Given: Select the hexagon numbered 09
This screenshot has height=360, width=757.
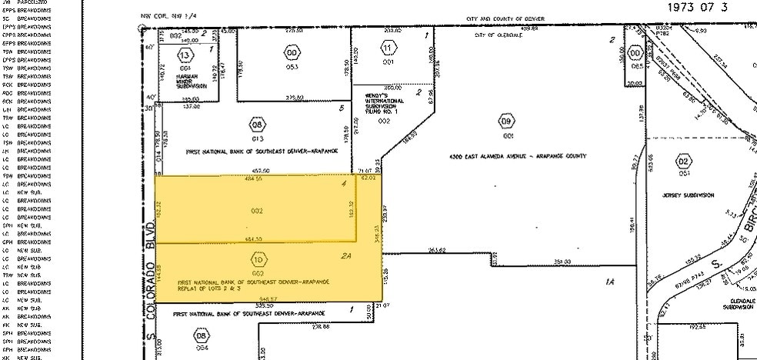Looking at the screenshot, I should point(505,122).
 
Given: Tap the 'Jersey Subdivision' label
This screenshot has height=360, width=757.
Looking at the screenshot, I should point(689,195).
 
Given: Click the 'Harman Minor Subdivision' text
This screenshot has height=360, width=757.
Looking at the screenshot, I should point(188,82).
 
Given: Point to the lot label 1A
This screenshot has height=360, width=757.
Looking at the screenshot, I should point(610,282).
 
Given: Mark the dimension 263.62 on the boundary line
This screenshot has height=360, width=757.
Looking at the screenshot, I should point(438,250).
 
